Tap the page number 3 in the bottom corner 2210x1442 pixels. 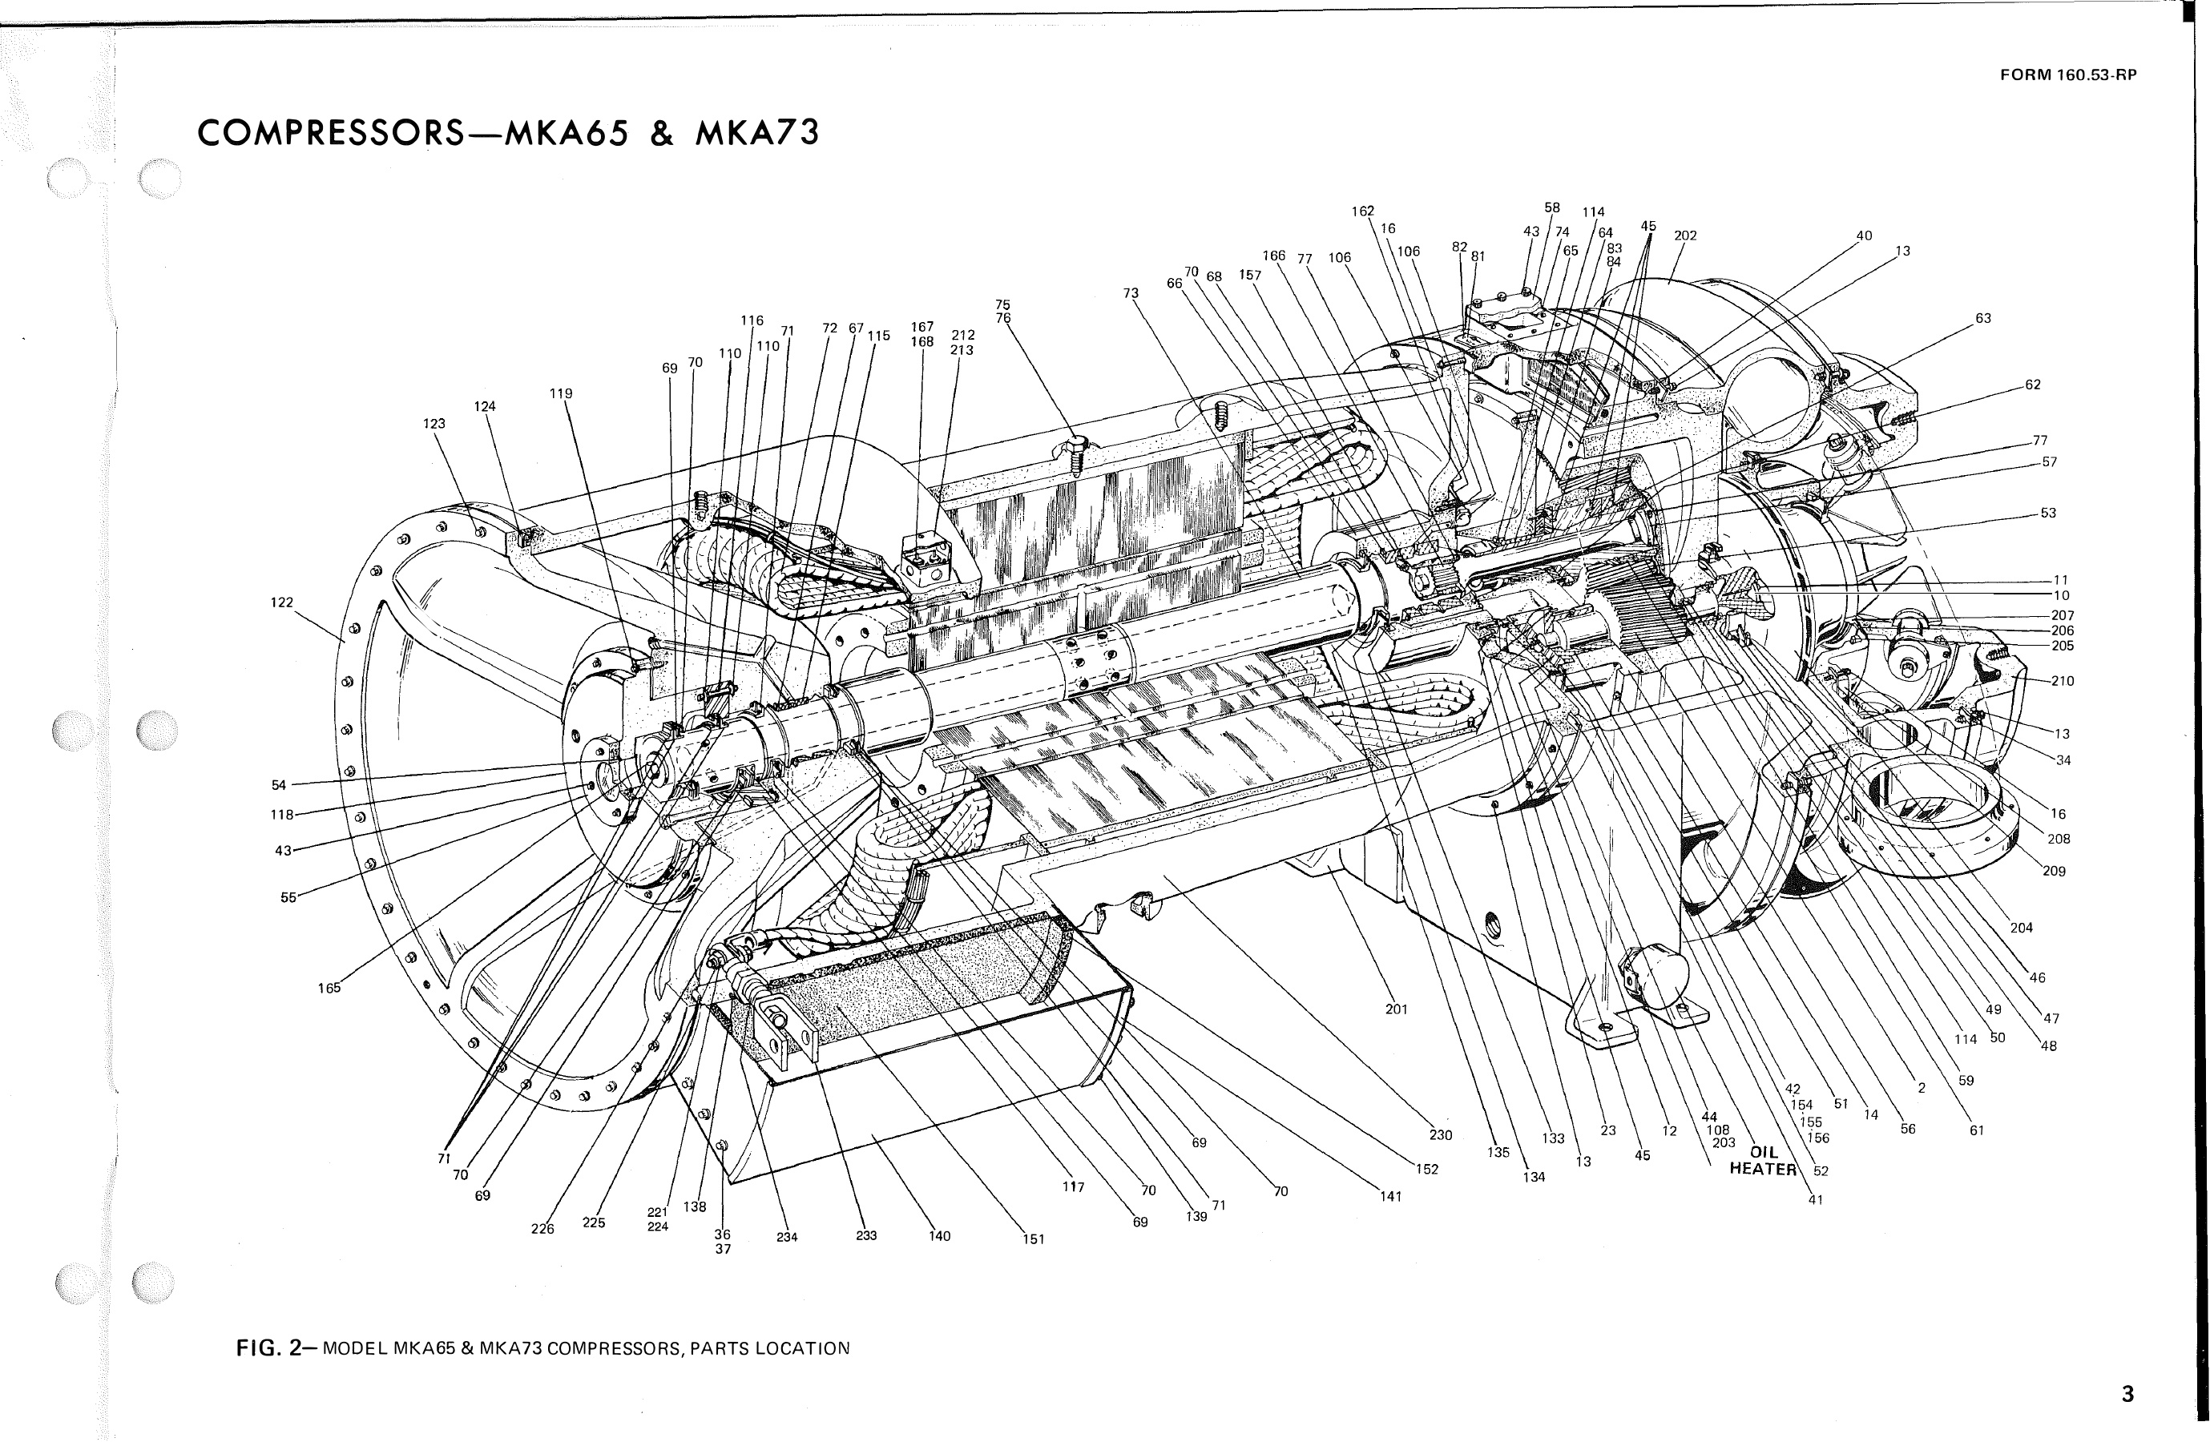pos(2127,1394)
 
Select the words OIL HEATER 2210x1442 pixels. pos(1762,1162)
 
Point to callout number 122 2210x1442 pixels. pos(281,602)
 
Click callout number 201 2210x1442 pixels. pos(1397,1009)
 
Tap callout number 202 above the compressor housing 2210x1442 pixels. pos(1685,236)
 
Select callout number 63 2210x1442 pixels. pos(1982,319)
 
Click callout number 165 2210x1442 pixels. pos(329,988)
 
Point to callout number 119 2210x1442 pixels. pos(560,393)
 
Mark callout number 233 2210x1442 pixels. pos(866,1236)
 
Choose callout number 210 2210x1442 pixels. pos(2063,681)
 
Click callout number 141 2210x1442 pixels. pos(1389,1197)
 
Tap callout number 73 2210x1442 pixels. pos(1130,293)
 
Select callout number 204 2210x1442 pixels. pos(2022,928)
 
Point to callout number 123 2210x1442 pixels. pos(434,424)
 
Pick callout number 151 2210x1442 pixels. pos(1034,1239)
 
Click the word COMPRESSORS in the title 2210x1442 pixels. pos(331,134)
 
